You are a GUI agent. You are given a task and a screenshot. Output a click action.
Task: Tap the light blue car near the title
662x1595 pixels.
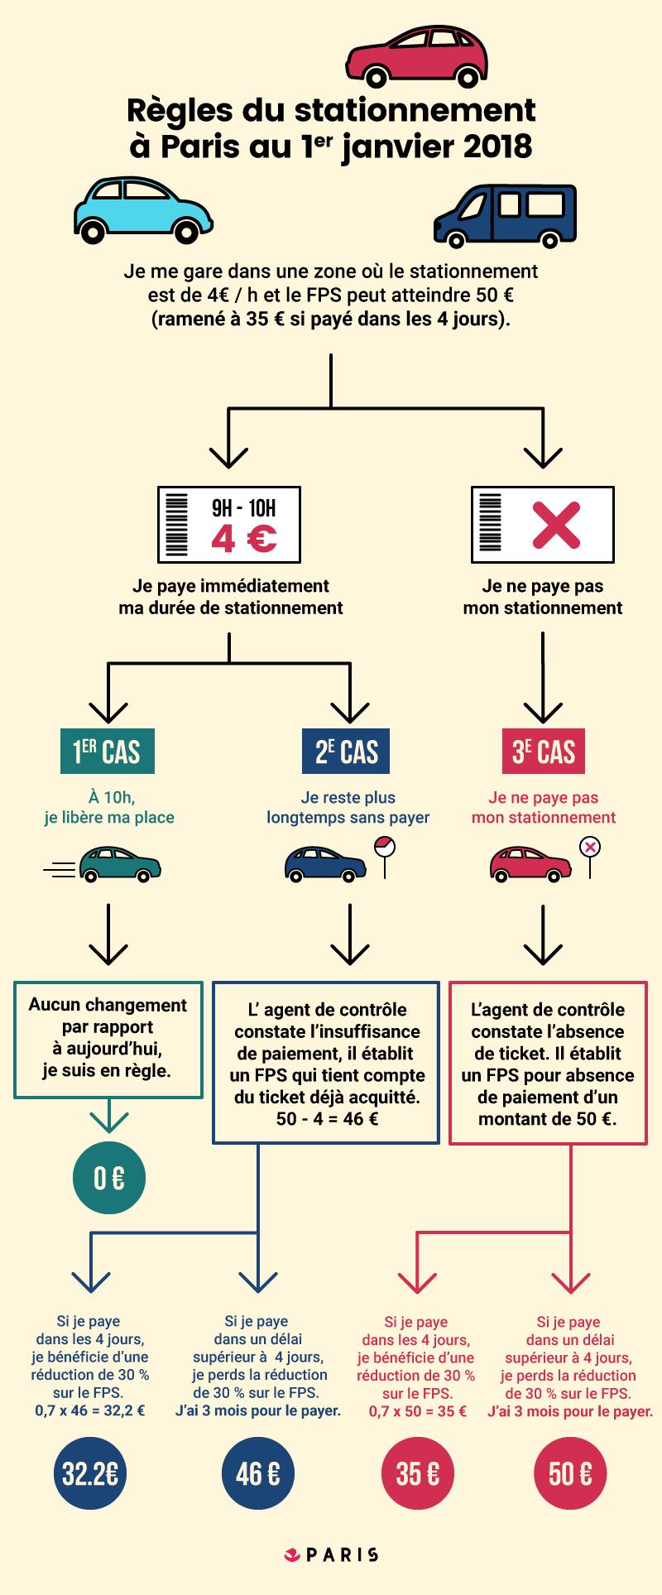coord(143,208)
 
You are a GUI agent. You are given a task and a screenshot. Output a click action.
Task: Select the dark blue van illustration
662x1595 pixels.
coord(505,214)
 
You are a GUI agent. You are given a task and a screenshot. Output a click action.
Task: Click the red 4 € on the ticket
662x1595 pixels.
coord(244,539)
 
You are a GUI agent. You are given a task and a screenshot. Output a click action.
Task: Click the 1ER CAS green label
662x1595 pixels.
coord(107,752)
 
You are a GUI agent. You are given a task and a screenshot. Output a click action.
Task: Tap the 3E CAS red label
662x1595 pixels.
coord(544,752)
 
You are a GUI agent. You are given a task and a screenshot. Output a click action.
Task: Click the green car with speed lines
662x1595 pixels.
coord(119,863)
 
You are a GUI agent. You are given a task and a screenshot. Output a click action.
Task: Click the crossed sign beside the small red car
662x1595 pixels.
coord(589,853)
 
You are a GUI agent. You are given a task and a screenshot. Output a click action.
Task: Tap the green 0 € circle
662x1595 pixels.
coord(108,1177)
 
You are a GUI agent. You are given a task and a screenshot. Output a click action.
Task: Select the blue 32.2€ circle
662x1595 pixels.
coord(89,1473)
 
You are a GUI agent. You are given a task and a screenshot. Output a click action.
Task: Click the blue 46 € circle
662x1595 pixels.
coord(257,1473)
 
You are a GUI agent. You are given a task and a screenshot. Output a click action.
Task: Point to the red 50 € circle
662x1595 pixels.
coord(571,1473)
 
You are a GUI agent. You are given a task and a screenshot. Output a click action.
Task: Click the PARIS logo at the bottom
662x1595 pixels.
coord(331,1554)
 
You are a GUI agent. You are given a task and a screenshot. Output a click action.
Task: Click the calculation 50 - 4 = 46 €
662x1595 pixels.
coord(327,1120)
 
